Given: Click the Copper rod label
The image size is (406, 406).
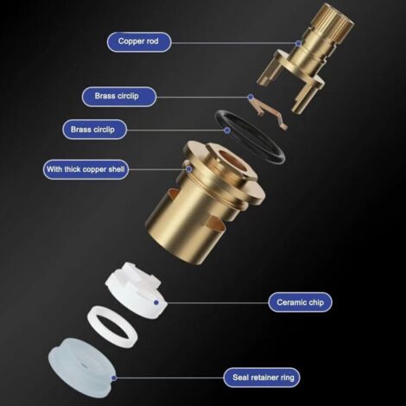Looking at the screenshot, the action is tap(139, 42).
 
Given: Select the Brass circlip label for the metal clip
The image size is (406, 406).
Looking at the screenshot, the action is tap(119, 97).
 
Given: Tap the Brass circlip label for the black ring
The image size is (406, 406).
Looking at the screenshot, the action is tap(94, 130).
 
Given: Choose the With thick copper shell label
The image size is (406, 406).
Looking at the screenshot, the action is tap(86, 169).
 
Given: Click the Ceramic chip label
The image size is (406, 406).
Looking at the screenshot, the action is tap(300, 302).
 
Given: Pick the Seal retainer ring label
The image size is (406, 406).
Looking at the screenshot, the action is tap(262, 377).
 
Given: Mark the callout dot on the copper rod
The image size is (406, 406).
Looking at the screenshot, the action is tap(299, 43).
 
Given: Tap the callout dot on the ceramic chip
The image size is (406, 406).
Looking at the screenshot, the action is tap(156, 302).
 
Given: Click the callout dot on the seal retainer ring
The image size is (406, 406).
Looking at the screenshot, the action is tap(114, 377).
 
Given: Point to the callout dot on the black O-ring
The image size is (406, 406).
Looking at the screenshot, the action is tap(227, 130).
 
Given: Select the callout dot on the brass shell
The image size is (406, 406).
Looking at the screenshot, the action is tap(189, 169).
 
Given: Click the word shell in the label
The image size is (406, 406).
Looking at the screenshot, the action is tap(117, 169).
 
